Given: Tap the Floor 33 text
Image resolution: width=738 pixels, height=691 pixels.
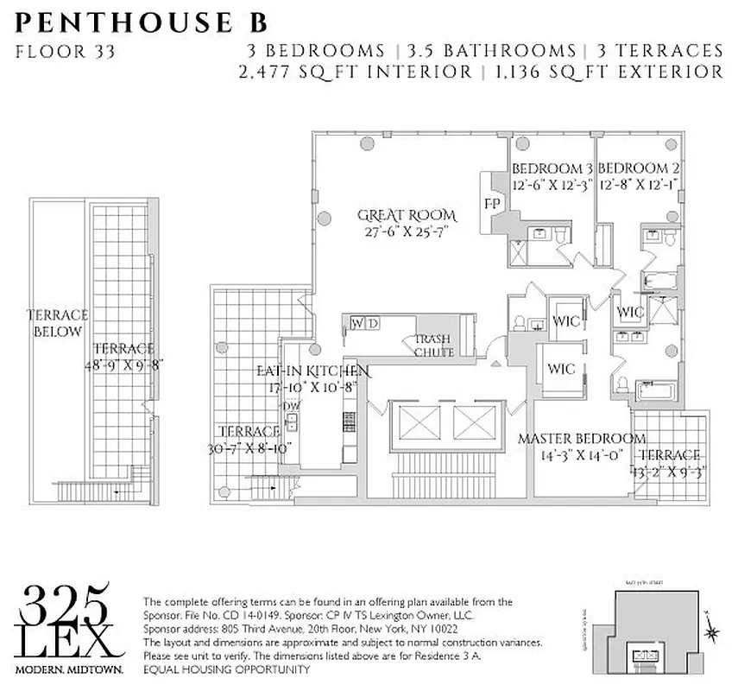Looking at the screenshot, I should tap(65, 50).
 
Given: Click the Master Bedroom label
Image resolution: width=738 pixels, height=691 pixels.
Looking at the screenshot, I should tap(581, 439).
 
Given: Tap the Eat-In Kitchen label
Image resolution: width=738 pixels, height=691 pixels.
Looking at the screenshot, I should tap(312, 371).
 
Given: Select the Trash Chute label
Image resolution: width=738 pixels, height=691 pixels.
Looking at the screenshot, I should tap(432, 345).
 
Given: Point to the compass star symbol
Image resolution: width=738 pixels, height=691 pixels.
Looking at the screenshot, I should tap(712, 633).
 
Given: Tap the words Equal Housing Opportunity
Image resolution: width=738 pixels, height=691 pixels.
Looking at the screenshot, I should tap(225, 669).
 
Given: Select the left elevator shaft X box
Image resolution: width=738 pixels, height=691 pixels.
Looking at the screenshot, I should tap(411, 423).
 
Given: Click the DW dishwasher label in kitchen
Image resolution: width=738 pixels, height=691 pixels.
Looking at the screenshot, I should tap(291, 406).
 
